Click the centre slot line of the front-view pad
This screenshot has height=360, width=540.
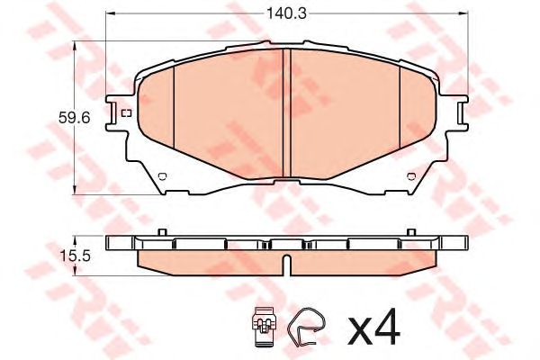285,112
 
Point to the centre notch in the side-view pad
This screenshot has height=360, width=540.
285,265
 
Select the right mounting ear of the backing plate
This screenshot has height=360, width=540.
456,113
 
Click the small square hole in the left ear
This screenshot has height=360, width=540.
125,112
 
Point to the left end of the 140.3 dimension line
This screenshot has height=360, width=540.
107,14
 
